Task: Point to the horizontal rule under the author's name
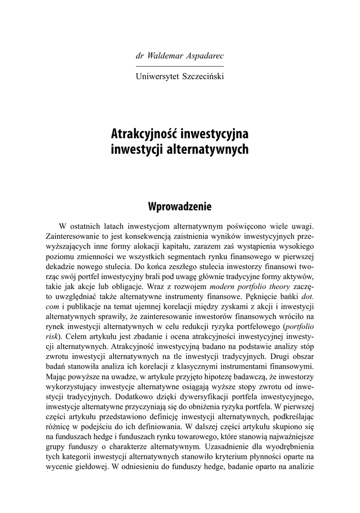point(180,66)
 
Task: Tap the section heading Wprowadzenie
point(180,206)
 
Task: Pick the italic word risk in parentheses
point(52,335)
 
